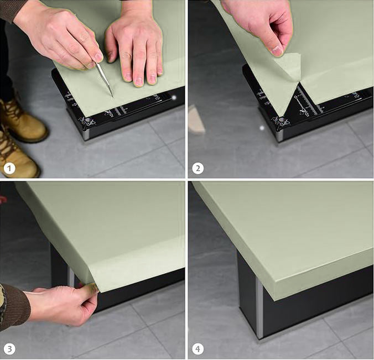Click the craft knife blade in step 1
click(105, 80)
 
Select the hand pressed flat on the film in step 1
click(136, 50)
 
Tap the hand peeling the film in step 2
click(260, 25)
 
